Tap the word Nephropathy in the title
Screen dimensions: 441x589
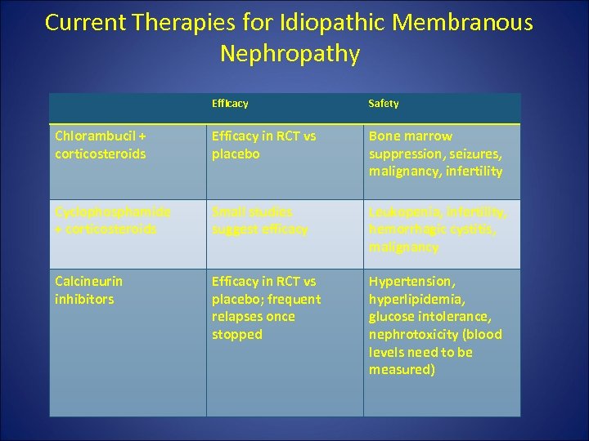pyautogui.click(x=290, y=54)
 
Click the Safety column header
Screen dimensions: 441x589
pyautogui.click(x=384, y=104)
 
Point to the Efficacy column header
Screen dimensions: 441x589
pyautogui.click(x=230, y=104)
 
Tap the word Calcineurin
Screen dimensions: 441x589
pyautogui.click(x=88, y=281)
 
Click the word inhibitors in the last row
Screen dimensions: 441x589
pyautogui.click(x=84, y=299)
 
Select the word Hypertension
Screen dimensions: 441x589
pyautogui.click(x=410, y=281)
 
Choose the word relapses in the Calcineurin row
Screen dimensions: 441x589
pyautogui.click(x=238, y=317)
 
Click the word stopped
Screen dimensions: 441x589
pyautogui.click(x=236, y=334)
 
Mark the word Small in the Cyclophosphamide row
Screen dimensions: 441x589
pyautogui.click(x=229, y=212)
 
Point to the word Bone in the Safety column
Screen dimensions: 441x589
pyautogui.click(x=384, y=136)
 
